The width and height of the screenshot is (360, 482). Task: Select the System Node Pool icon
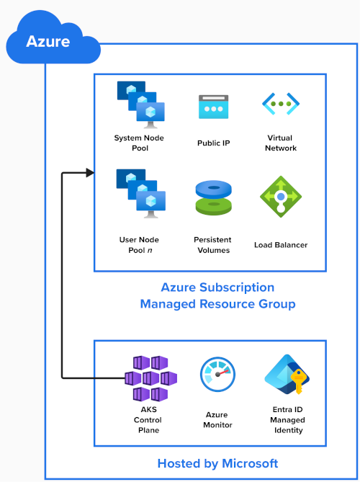point(140,104)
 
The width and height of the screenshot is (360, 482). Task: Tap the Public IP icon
point(214,107)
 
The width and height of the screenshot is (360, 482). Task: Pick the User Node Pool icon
point(140,192)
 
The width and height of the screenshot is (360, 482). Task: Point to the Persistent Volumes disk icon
point(214,197)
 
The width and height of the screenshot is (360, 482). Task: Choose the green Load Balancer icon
point(281,197)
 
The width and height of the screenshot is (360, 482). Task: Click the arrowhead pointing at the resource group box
point(90,172)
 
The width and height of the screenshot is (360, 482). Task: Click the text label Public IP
point(214,143)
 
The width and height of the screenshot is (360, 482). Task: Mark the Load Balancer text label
point(281,245)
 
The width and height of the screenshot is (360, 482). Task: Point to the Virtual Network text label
point(281,143)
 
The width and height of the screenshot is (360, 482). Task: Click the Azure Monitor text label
point(217,420)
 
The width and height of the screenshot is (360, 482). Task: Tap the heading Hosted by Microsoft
point(217,463)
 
